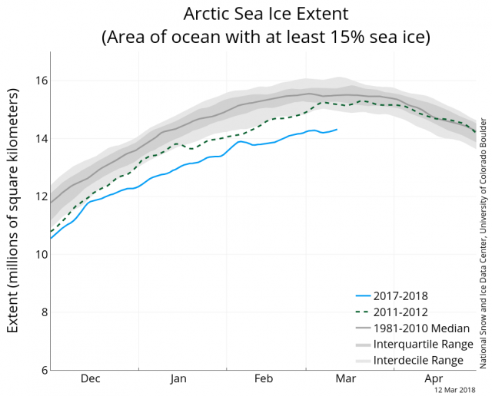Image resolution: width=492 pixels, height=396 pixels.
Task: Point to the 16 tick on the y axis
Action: [x=35, y=81]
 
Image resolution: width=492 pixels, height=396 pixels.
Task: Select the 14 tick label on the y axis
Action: [x=35, y=139]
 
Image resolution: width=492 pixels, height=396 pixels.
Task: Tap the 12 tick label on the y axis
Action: [x=35, y=196]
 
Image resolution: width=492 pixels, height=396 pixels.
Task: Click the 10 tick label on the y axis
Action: [x=35, y=254]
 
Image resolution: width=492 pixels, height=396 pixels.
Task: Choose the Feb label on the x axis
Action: [x=264, y=378]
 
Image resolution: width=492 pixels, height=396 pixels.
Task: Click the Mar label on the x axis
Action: [x=344, y=378]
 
